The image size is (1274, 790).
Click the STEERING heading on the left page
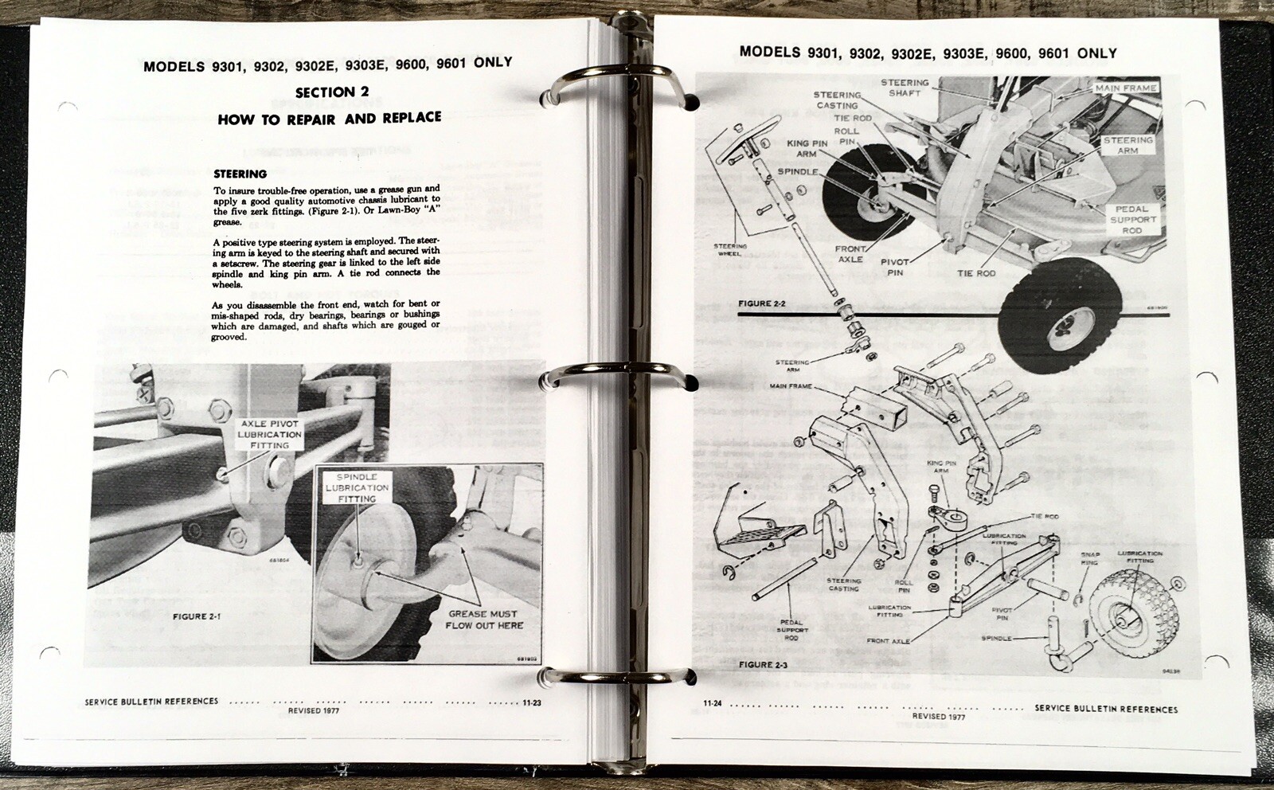240,174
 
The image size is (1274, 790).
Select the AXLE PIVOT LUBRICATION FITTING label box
270,435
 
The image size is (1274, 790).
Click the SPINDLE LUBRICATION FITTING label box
357,487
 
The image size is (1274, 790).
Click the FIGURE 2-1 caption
197,616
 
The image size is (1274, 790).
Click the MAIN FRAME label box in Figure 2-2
1126,88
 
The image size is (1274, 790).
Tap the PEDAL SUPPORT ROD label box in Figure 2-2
1132,220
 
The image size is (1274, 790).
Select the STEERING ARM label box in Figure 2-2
1127,145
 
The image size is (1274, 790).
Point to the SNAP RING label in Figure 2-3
1089,558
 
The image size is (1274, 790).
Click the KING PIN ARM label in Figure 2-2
807,148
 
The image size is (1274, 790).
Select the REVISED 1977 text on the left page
314,710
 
